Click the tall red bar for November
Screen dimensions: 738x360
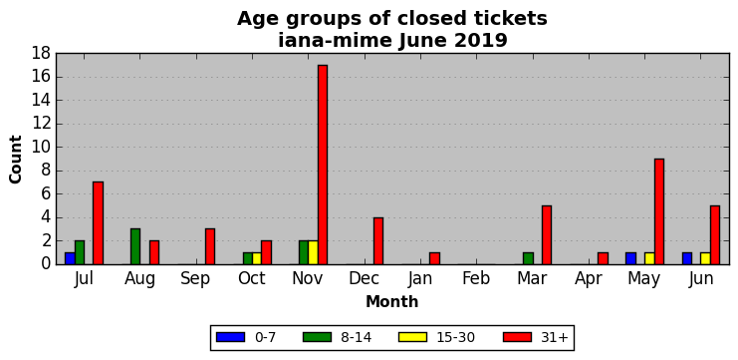pos(323,165)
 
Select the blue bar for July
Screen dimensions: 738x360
pos(70,258)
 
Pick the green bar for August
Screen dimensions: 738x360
pos(135,246)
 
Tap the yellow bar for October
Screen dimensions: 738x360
pos(257,258)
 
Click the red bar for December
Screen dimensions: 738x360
pos(378,240)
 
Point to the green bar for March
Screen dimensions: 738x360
pos(528,258)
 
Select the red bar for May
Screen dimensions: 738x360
pos(659,211)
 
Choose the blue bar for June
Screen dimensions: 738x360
pos(687,258)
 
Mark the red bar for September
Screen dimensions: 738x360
pos(210,246)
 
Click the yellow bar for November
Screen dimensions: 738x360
pos(314,252)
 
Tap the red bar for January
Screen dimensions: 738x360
pos(434,258)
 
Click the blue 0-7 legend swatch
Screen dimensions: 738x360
pos(231,337)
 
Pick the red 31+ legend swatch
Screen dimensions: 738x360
pos(517,337)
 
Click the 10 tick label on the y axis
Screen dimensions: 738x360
pos(41,148)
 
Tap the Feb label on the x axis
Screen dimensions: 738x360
pos(476,278)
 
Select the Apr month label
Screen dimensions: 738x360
pos(589,279)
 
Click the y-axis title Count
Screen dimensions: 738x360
pos(16,159)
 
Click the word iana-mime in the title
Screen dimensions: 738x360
pos(335,41)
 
